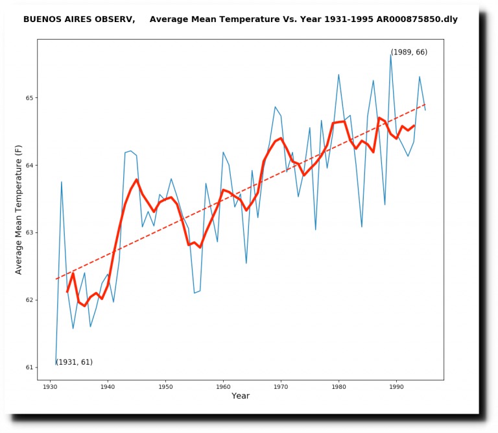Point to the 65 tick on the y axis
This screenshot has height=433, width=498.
[29, 97]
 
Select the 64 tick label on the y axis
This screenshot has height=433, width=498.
[29, 166]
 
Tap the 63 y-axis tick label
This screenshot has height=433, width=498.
[29, 232]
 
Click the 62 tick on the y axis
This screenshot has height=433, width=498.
[29, 300]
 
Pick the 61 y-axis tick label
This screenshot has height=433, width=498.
[29, 367]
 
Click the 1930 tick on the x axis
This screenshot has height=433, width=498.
[50, 387]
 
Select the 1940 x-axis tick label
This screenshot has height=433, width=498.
[108, 387]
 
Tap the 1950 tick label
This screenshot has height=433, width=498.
[165, 387]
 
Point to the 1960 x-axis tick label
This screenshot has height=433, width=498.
[223, 387]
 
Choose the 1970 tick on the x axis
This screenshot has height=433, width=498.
[281, 387]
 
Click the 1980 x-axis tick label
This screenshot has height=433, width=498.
[339, 387]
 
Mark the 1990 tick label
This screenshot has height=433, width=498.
[396, 387]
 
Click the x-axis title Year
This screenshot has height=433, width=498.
[241, 396]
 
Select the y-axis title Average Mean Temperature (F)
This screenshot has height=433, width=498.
[18, 210]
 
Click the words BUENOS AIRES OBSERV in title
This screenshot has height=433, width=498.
[79, 19]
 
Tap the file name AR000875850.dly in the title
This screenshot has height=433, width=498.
[417, 19]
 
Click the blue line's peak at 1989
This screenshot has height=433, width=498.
[390, 55]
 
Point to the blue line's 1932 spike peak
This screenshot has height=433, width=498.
[62, 182]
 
